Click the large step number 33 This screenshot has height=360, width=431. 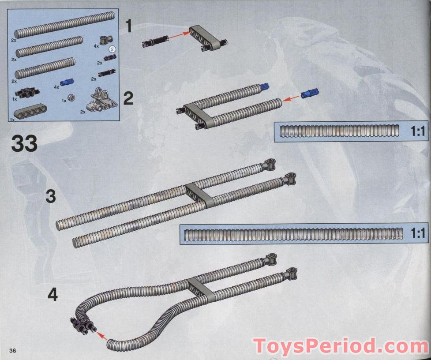point(24,144)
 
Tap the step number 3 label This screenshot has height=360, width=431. point(51,196)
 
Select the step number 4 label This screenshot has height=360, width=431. point(52,295)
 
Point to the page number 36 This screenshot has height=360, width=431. point(12,350)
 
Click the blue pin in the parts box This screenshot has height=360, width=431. point(66,82)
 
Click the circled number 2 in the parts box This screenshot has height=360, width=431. point(112,49)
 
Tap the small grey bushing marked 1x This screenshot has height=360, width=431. point(70,97)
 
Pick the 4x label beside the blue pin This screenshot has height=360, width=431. point(56,87)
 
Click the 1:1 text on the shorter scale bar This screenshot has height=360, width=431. point(417,131)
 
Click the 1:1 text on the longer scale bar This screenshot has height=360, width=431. point(417,233)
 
